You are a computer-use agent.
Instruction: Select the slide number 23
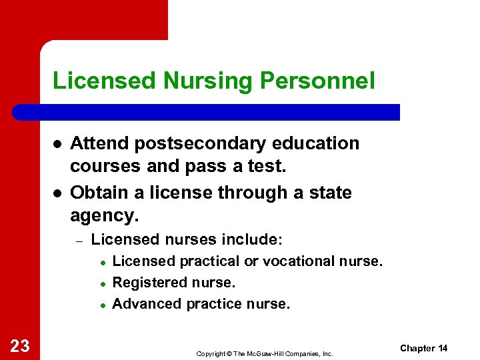click(20, 345)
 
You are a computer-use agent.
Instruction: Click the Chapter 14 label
click(423, 348)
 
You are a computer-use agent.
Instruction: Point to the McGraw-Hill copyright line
click(265, 353)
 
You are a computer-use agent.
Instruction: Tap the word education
click(315, 143)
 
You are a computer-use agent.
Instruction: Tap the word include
click(257, 239)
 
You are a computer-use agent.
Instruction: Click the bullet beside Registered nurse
click(103, 283)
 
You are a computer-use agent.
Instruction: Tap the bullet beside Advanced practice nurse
click(103, 305)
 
